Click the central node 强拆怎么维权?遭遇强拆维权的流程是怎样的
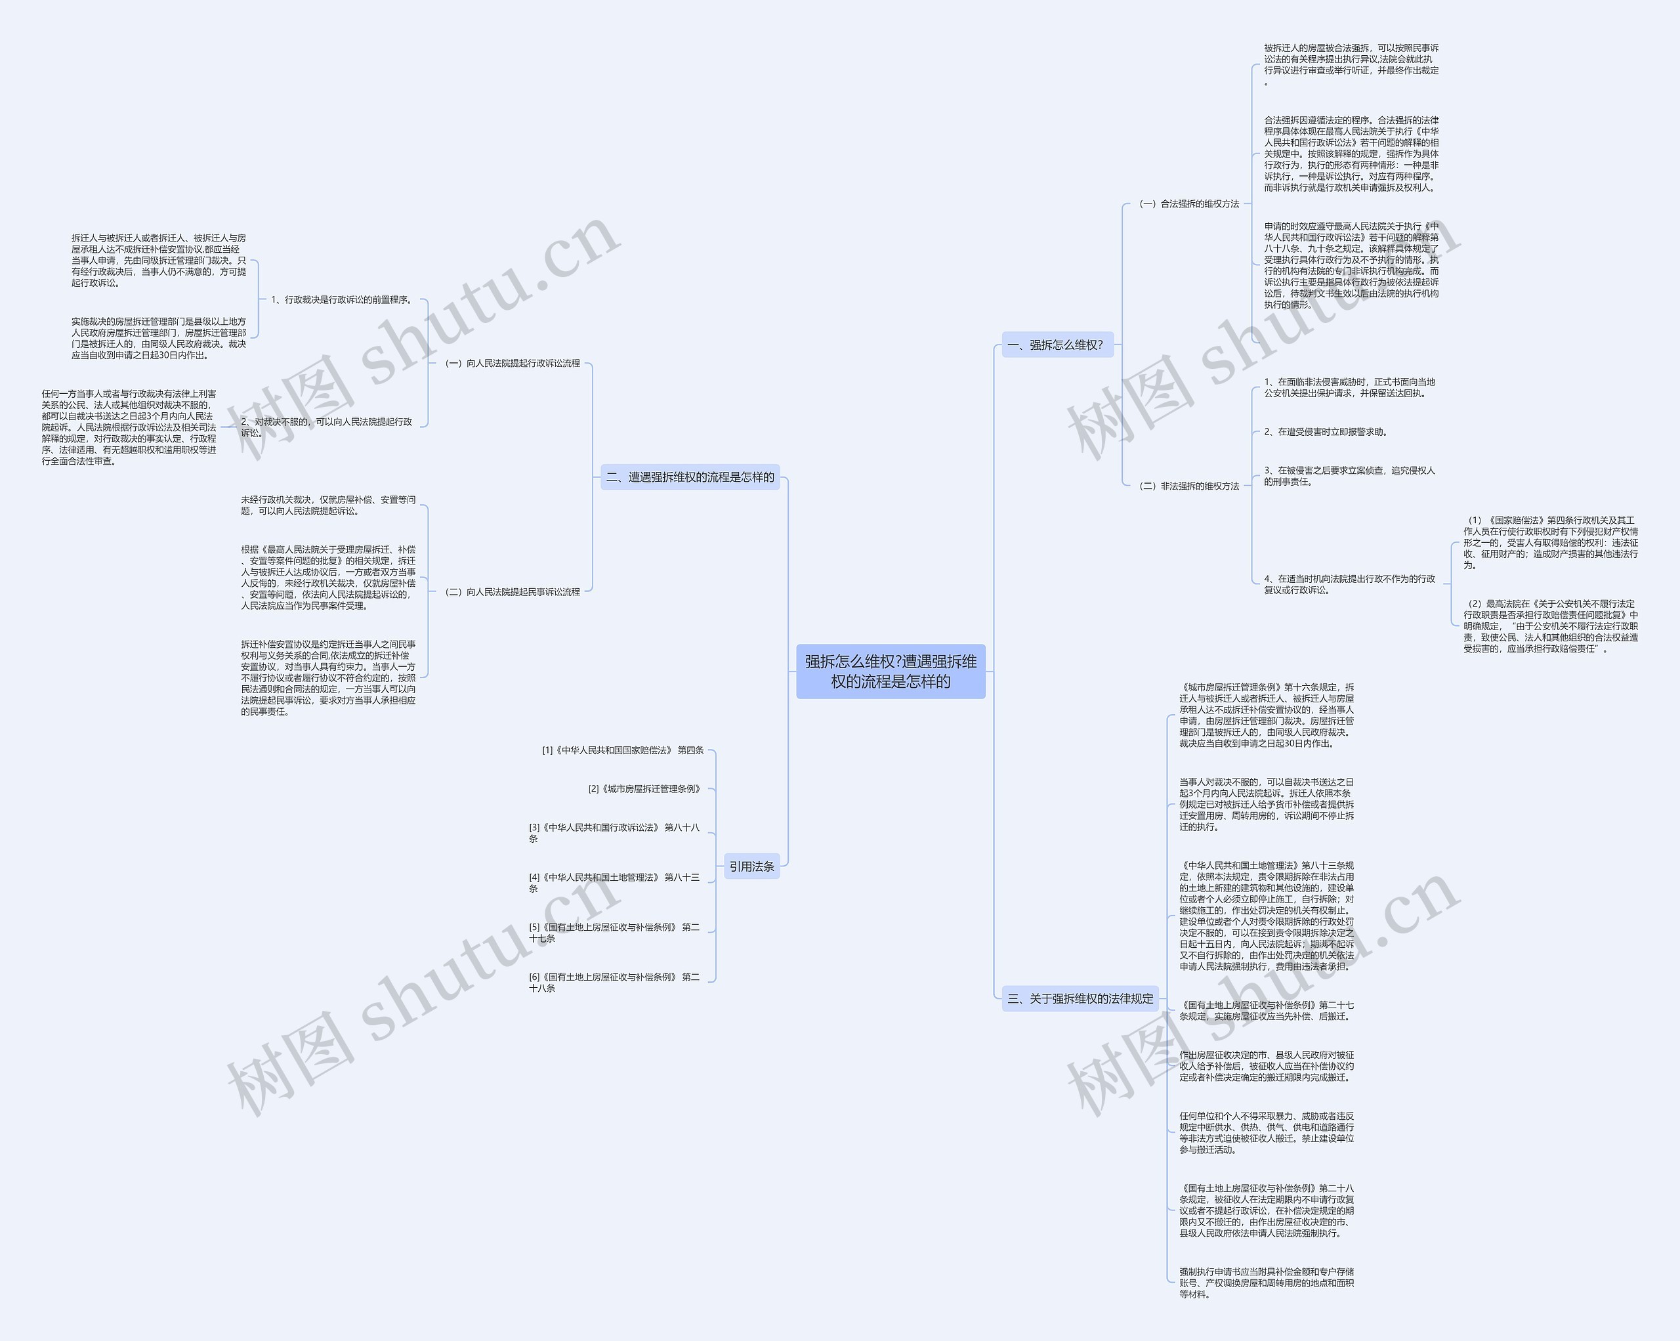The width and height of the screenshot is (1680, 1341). pyautogui.click(x=890, y=671)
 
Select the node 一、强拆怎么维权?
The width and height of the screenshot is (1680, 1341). pyautogui.click(x=1057, y=345)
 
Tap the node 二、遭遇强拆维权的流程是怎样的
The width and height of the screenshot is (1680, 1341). pyautogui.click(x=690, y=477)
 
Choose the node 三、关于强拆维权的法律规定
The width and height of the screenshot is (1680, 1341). pyautogui.click(x=1080, y=998)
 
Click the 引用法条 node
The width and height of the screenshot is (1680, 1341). pyautogui.click(x=751, y=866)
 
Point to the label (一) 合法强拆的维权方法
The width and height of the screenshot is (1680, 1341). pyautogui.click(x=1188, y=203)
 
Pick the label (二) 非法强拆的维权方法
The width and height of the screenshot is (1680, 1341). pyautogui.click(x=1188, y=486)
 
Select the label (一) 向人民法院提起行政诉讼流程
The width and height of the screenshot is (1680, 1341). pyautogui.click(x=512, y=363)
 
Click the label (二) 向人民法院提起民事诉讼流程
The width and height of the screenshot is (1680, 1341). pyautogui.click(x=512, y=591)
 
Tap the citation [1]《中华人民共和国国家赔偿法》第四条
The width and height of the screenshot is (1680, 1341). pyautogui.click(x=623, y=750)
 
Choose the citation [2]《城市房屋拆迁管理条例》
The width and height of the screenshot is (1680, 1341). pyautogui.click(x=644, y=788)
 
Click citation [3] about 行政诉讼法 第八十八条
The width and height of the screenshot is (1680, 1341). pyautogui.click(x=614, y=833)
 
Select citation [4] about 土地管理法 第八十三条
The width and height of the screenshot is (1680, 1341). pyautogui.click(x=614, y=883)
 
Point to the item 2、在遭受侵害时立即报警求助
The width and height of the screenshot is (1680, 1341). pyautogui.click(x=1326, y=432)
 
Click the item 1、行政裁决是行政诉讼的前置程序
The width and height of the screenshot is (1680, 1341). pyautogui.click(x=341, y=299)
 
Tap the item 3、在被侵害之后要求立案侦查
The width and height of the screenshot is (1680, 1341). pyautogui.click(x=1349, y=476)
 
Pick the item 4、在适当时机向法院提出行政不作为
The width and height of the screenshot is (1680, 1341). pyautogui.click(x=1349, y=584)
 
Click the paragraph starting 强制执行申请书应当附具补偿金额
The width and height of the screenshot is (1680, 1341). pyautogui.click(x=1266, y=1283)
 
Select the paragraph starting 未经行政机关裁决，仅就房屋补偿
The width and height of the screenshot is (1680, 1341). pyautogui.click(x=328, y=505)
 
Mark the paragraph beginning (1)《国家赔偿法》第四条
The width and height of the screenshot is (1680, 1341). pyautogui.click(x=1550, y=542)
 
